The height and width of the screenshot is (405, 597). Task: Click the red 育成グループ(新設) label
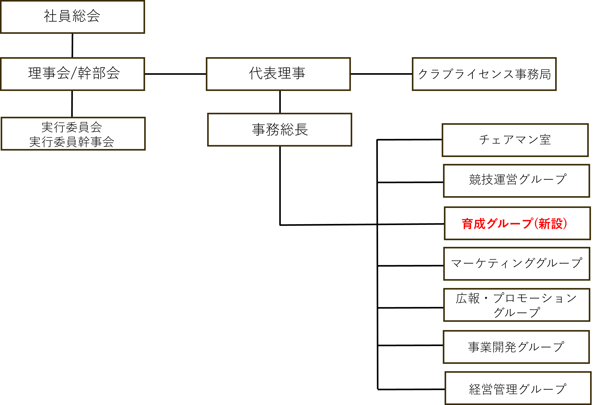(x=514, y=224)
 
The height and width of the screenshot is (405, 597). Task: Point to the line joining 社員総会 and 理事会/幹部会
(x=73, y=45)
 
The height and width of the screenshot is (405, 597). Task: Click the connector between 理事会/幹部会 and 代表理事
(x=176, y=74)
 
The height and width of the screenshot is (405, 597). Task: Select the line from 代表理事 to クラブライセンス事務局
(x=381, y=74)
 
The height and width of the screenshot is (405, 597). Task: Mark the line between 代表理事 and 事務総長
(x=280, y=102)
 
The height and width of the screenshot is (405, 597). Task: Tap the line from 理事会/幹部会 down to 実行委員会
(x=72, y=104)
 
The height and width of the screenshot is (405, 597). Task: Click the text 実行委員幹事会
(x=72, y=142)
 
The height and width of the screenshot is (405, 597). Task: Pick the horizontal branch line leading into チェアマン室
(x=409, y=140)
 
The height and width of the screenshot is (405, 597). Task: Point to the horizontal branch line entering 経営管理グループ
(x=411, y=390)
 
